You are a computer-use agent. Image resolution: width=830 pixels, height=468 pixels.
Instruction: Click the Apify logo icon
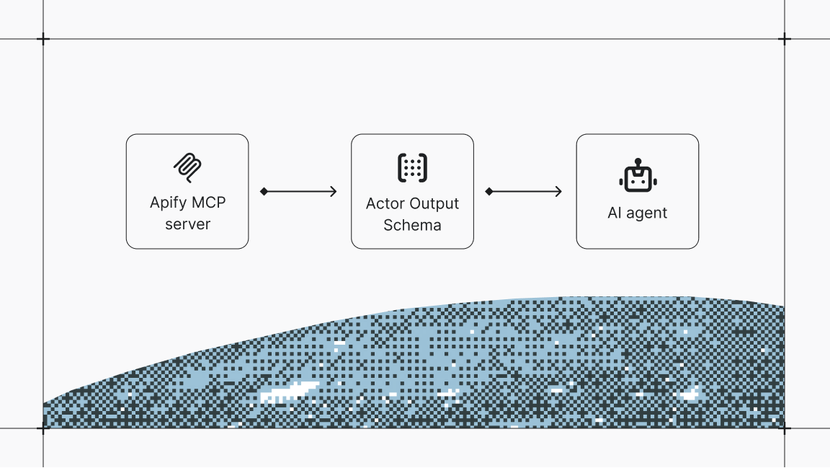pos(187,167)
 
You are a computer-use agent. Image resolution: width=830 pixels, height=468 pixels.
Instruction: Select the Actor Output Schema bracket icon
pos(412,167)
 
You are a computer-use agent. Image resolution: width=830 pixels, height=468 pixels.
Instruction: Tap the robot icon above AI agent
pos(637,176)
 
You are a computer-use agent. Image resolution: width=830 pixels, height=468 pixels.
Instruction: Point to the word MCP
pos(208,203)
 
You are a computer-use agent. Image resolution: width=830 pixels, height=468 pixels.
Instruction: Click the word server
pos(187,224)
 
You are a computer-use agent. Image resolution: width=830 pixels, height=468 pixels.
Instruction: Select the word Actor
pos(385,203)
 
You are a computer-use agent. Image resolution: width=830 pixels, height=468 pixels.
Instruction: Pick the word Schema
pos(412,225)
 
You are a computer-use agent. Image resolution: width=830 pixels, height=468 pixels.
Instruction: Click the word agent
pos(647,213)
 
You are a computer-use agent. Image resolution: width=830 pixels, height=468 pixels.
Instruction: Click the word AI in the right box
pos(615,213)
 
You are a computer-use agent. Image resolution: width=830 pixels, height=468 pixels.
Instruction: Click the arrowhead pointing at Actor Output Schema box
pos(334,191)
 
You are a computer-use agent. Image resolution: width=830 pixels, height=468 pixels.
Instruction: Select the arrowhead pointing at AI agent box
pos(558,191)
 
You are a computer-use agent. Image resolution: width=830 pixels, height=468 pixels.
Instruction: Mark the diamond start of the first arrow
pos(264,191)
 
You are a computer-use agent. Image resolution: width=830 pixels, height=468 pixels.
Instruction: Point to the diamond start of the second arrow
pos(488,191)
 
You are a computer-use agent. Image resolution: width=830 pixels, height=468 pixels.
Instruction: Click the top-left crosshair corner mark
pos(43,39)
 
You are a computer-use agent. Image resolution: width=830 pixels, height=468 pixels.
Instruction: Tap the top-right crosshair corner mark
pos(785,39)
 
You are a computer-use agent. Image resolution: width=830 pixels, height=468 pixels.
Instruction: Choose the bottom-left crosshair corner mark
pos(43,428)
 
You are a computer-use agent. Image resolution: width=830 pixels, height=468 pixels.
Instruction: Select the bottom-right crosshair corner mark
pos(785,428)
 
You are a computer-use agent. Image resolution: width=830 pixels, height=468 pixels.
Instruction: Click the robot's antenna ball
pos(637,161)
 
